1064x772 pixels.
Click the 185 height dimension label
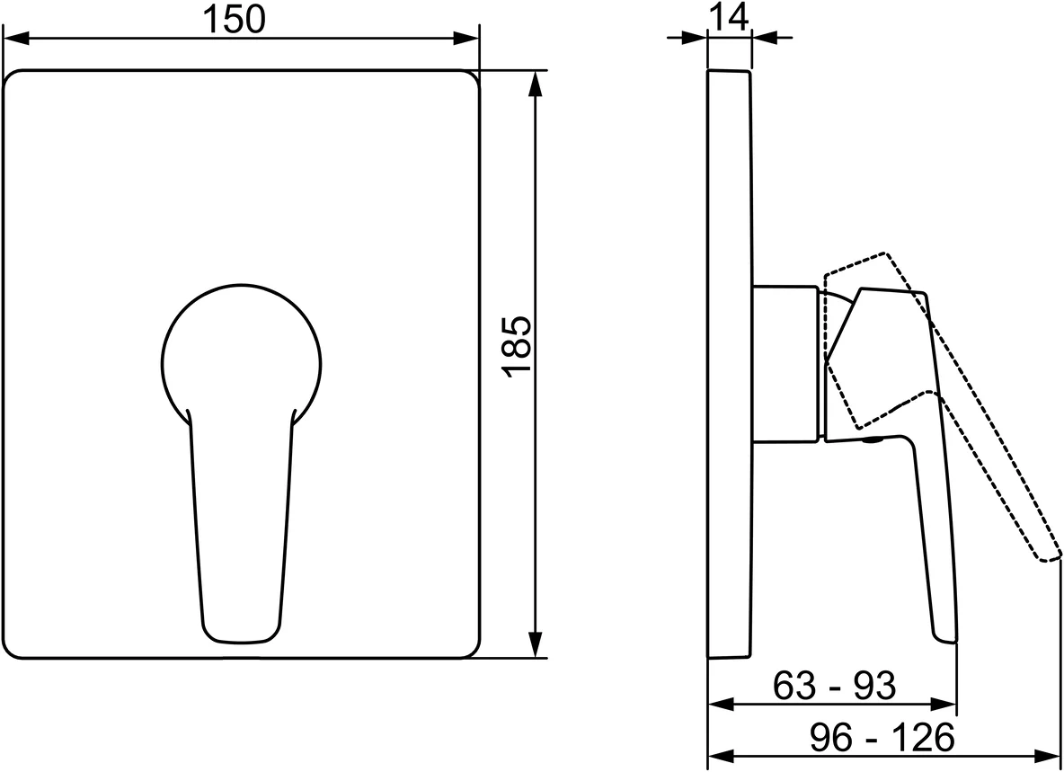click(x=518, y=346)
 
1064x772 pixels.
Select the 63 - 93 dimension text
click(x=835, y=685)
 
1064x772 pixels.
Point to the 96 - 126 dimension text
click(x=882, y=737)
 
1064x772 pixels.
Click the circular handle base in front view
click(x=242, y=356)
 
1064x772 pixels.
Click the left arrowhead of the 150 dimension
click(x=17, y=38)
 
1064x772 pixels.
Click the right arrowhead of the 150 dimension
click(x=466, y=38)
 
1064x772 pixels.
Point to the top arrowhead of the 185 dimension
click(x=536, y=84)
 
